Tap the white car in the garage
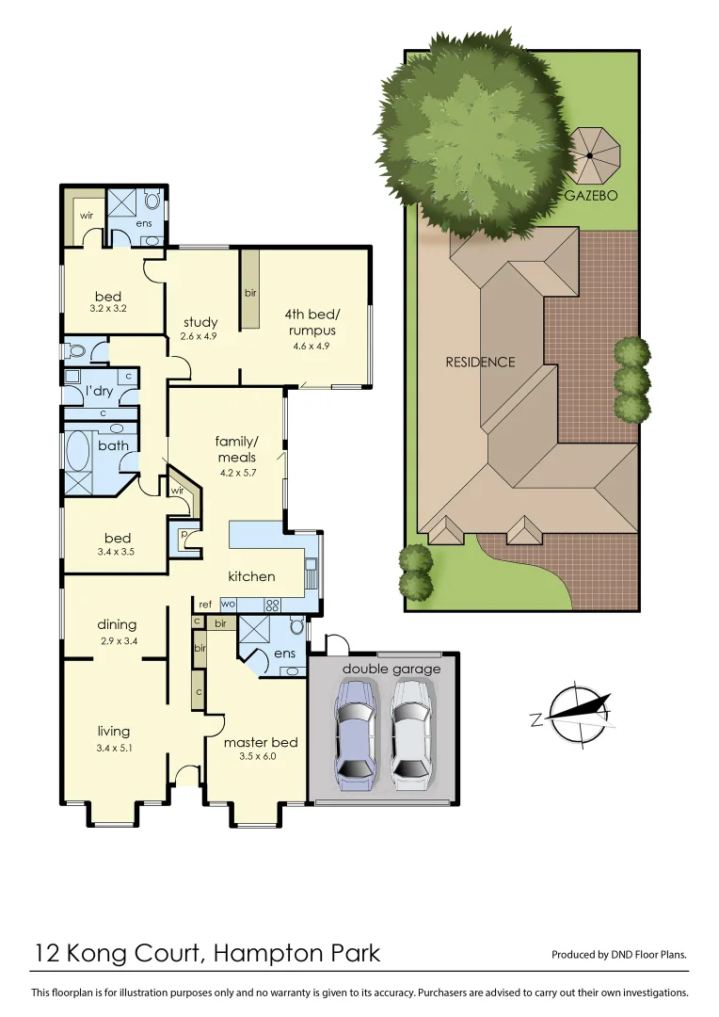pos(411,734)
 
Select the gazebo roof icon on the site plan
pos(595,157)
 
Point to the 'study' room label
pos(200,322)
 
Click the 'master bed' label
pos(260,742)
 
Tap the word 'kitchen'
pos(251,576)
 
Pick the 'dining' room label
pos(117,624)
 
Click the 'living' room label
pos(114,731)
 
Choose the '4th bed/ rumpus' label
pos(311,323)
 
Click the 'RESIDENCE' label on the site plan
pos(480,362)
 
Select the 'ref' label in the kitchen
pos(205,605)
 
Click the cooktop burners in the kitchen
pos(274,605)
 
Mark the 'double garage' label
pos(391,670)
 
